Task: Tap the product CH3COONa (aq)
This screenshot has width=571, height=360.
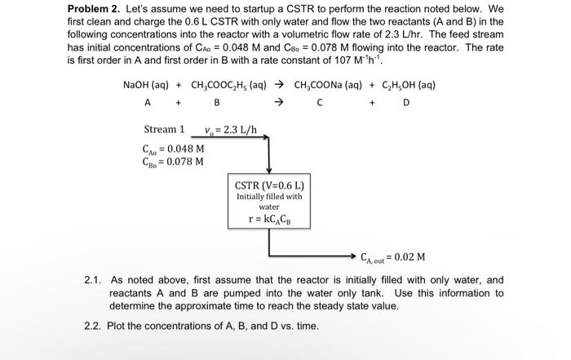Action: [325, 85]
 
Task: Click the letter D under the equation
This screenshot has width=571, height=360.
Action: [405, 102]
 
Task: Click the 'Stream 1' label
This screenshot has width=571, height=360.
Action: [164, 129]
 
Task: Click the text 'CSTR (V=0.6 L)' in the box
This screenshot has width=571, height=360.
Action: [268, 184]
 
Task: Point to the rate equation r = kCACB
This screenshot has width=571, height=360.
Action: [268, 218]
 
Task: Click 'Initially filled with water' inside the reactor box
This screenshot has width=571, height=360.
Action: [268, 201]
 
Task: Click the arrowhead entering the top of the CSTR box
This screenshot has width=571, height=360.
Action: [269, 168]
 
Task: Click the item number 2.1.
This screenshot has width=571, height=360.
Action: [92, 279]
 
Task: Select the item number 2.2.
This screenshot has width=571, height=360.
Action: [92, 326]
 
